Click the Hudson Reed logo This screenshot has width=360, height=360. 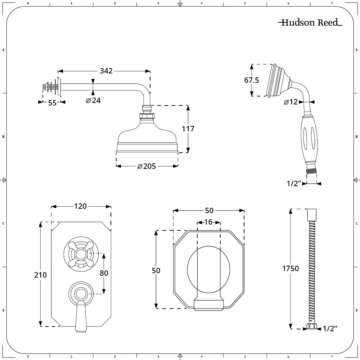[x=310, y=22]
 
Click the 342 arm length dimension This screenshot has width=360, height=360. [x=106, y=71]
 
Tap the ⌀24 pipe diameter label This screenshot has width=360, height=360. [x=93, y=100]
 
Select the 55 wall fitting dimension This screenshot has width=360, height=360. [x=52, y=103]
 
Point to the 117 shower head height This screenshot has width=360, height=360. [x=188, y=129]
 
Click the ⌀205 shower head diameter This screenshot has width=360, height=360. [x=147, y=166]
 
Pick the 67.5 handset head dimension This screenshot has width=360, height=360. [x=251, y=80]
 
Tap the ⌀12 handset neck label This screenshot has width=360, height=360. [x=291, y=102]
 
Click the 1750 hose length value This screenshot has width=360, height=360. [x=291, y=269]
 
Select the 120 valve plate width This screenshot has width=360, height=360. [x=80, y=206]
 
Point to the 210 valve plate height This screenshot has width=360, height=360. [x=40, y=275]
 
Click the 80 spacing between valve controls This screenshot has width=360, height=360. [x=104, y=273]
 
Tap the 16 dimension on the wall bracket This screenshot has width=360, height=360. [x=208, y=222]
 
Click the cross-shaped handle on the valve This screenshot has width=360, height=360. [x=81, y=254]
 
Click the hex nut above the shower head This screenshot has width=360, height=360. [x=147, y=116]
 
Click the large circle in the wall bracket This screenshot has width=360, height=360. [x=208, y=269]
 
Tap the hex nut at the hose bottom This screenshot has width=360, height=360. [x=311, y=327]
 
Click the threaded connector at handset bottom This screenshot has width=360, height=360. [x=311, y=171]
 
